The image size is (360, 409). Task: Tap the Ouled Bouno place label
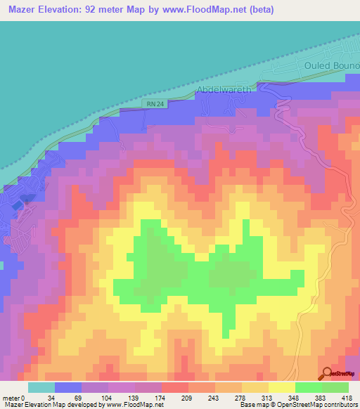point(332,65)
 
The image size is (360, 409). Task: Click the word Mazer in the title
point(24,10)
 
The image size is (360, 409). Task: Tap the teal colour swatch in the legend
point(41,387)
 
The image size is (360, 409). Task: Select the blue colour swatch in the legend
point(68,387)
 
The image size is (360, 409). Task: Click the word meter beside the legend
point(11,398)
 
